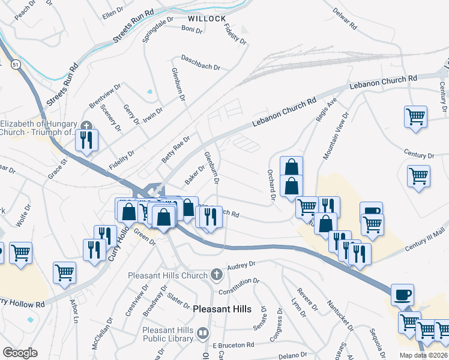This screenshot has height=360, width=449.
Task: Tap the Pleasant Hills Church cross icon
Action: [x=216, y=275]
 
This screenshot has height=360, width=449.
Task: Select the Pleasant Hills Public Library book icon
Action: [x=203, y=333]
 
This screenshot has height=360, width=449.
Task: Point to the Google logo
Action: [x=19, y=352]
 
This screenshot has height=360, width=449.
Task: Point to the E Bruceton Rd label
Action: [x=234, y=345]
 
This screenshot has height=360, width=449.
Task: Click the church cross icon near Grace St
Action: [x=87, y=126]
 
